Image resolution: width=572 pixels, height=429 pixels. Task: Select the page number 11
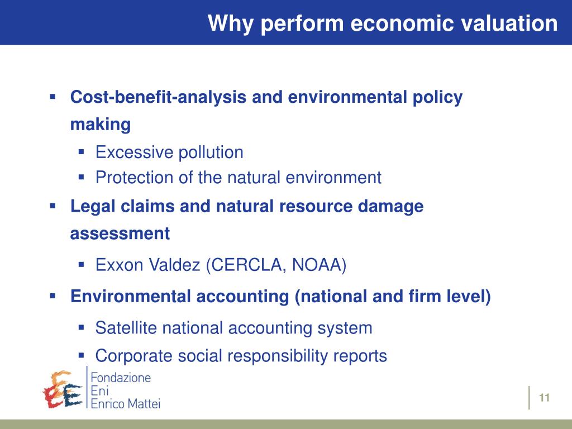545,398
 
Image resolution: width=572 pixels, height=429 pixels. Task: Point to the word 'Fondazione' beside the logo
121,378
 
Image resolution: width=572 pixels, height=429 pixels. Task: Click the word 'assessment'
120,233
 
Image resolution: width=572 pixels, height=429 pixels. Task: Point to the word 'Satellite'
126,327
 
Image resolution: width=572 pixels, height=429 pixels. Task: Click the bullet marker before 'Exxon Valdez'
81,264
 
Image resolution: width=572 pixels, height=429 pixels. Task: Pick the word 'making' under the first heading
100,125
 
